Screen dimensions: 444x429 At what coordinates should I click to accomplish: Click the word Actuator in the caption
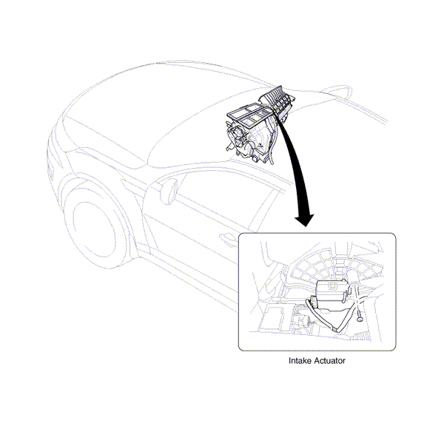[330, 361]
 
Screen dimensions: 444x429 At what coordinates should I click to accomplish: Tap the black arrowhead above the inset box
[304, 220]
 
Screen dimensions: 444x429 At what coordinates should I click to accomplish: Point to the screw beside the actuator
[360, 315]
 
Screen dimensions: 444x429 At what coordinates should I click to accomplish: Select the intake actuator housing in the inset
[331, 295]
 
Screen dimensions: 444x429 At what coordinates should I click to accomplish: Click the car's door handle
[229, 238]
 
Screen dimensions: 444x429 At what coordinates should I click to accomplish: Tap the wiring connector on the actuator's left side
[314, 302]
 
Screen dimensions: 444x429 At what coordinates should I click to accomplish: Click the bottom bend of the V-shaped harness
[335, 329]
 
